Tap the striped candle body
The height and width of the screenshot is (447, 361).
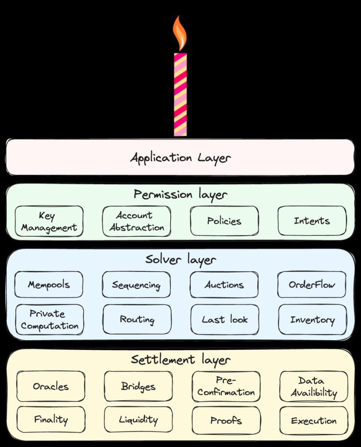pos(180,95)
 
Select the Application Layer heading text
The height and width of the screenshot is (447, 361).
pos(180,158)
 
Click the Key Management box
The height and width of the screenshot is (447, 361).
pos(49,221)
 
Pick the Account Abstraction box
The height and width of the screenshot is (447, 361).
pos(137,221)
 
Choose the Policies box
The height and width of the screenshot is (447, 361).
pos(224,221)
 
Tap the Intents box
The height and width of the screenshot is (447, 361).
pos(312,221)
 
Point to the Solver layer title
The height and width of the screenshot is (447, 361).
pos(180,259)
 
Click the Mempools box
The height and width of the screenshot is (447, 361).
pos(49,285)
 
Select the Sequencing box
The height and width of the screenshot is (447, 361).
pos(136,285)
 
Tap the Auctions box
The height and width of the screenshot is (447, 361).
pos(224,285)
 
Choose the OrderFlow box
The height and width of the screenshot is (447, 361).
pos(312,285)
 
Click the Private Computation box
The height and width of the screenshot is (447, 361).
pos(49,319)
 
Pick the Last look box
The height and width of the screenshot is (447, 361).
pos(225,319)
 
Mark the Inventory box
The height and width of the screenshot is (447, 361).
pos(312,319)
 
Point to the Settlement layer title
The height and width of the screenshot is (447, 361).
pos(180,360)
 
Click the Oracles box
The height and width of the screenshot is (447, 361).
pos(51,386)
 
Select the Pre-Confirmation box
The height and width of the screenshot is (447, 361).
pos(226,386)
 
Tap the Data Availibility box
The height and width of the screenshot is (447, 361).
pos(314,386)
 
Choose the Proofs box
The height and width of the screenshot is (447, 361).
pos(226,421)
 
